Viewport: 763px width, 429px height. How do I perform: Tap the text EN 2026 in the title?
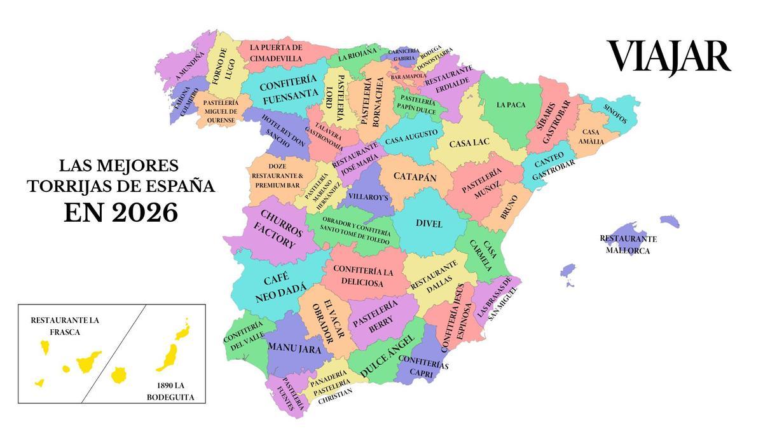(x=120, y=213)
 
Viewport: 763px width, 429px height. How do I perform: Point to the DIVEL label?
(x=429, y=224)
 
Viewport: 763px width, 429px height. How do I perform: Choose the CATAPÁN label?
(x=415, y=177)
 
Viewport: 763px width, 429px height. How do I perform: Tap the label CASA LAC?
(x=469, y=144)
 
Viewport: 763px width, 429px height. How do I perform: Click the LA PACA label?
(x=511, y=105)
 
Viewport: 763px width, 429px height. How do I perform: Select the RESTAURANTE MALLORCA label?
(x=628, y=245)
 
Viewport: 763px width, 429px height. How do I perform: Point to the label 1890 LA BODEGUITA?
(x=170, y=392)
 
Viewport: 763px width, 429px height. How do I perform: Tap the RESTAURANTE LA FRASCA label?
(x=64, y=326)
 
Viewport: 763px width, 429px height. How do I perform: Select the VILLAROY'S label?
(x=369, y=197)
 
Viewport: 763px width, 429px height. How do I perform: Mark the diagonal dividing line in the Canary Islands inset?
(x=114, y=353)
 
